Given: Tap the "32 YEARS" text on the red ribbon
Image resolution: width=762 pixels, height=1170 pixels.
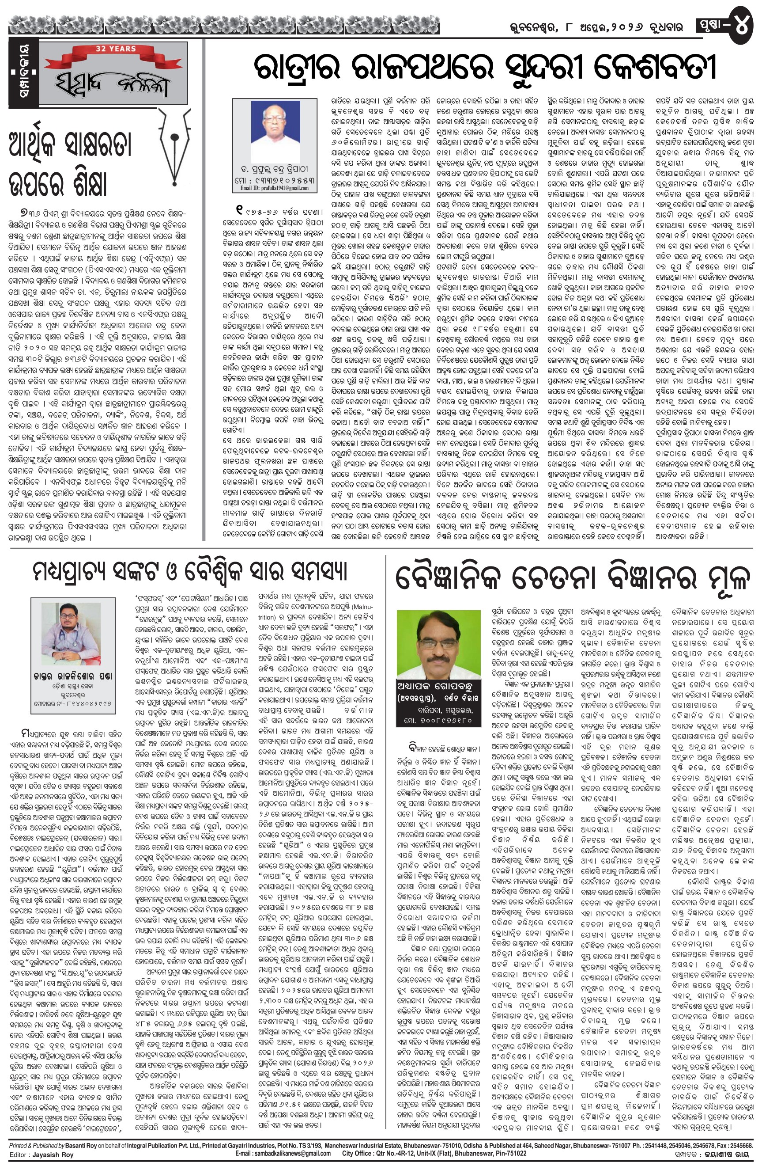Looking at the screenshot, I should (116, 49).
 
